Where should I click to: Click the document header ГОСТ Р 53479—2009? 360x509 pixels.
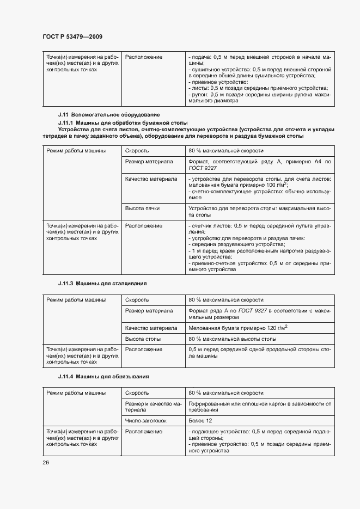[x=72, y=36]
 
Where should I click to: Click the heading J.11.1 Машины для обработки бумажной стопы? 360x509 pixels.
[x=123, y=124]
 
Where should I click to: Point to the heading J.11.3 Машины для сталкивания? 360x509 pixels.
[x=102, y=284]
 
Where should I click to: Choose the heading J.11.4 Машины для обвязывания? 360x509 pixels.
[x=103, y=377]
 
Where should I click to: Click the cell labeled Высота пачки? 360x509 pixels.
[x=142, y=208]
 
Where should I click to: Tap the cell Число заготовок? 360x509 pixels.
[x=146, y=421]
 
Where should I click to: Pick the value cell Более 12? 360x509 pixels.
[x=200, y=421]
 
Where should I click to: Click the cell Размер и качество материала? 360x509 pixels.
[x=153, y=407]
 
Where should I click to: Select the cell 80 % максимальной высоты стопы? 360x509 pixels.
[x=233, y=339]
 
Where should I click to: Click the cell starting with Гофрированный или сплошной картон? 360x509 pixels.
[x=259, y=407]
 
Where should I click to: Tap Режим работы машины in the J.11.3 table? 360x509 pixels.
[x=76, y=300]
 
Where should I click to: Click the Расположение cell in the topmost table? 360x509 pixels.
[x=144, y=57]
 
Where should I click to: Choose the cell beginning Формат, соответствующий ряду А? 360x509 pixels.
[x=259, y=165]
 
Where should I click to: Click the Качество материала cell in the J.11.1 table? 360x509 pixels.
[x=151, y=179]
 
